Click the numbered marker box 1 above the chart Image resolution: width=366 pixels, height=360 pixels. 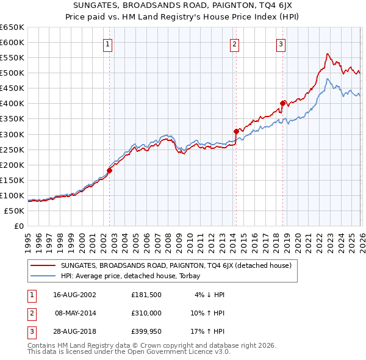[x=107, y=43]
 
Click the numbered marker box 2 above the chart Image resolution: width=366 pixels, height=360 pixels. [x=234, y=43]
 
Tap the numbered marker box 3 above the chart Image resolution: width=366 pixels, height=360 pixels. [x=281, y=43]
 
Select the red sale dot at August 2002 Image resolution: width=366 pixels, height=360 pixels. [x=110, y=170]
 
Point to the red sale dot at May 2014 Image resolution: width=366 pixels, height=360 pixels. [x=236, y=131]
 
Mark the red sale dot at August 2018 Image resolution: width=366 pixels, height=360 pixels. [x=282, y=103]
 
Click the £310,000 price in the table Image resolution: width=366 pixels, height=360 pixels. [x=146, y=312]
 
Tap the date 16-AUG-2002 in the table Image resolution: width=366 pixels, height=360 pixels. [x=75, y=295]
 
